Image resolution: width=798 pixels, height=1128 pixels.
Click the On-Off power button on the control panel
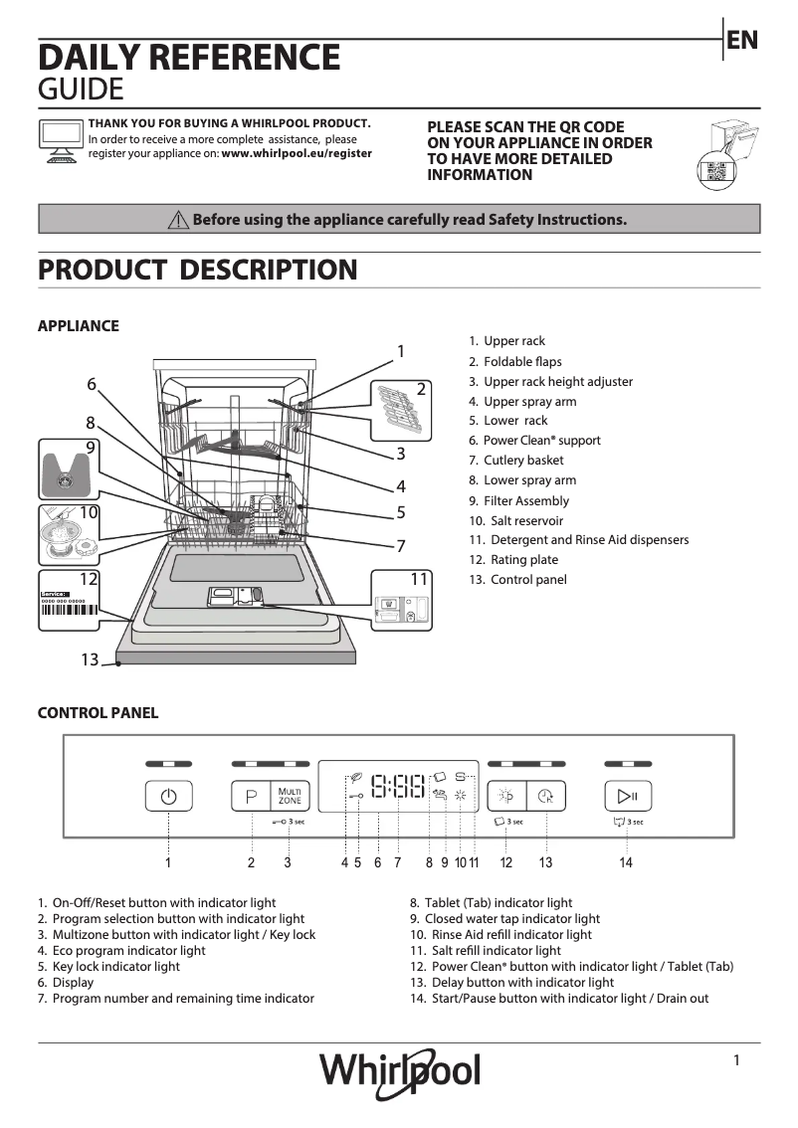(x=168, y=798)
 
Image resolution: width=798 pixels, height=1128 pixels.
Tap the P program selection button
(x=251, y=798)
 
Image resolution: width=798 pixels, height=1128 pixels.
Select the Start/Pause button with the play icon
(x=627, y=797)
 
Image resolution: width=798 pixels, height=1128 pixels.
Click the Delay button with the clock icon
(x=545, y=797)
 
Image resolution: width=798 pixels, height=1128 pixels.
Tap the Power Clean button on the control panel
(x=506, y=797)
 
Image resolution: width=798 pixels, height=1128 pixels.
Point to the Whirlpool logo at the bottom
(x=399, y=1072)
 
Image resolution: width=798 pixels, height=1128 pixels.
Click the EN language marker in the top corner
(x=742, y=40)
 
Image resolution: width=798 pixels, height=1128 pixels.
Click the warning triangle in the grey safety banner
(x=178, y=220)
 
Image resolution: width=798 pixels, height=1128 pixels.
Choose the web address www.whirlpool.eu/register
(x=297, y=154)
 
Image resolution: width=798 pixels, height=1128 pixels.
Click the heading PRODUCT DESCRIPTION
(x=197, y=270)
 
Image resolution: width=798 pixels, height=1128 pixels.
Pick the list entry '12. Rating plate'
(x=513, y=560)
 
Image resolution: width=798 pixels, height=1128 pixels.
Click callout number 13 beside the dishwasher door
(x=90, y=659)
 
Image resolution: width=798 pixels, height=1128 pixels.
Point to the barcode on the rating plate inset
(x=69, y=612)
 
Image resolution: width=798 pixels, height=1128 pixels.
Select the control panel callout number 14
(x=626, y=863)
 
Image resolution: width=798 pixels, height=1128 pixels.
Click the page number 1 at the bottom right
(x=736, y=1060)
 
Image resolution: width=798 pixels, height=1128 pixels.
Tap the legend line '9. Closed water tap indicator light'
(x=505, y=919)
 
